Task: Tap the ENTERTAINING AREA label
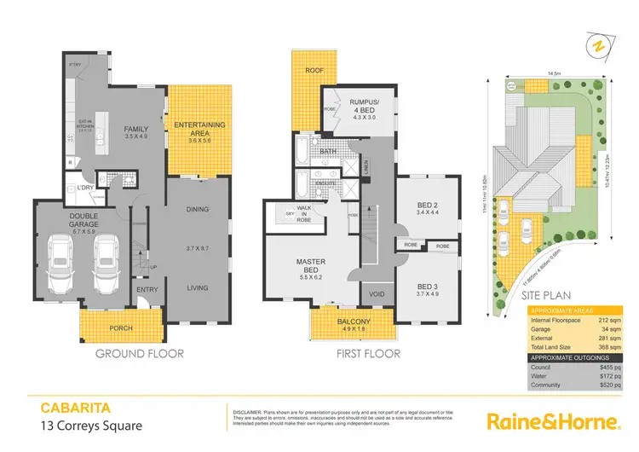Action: pos(199,129)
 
